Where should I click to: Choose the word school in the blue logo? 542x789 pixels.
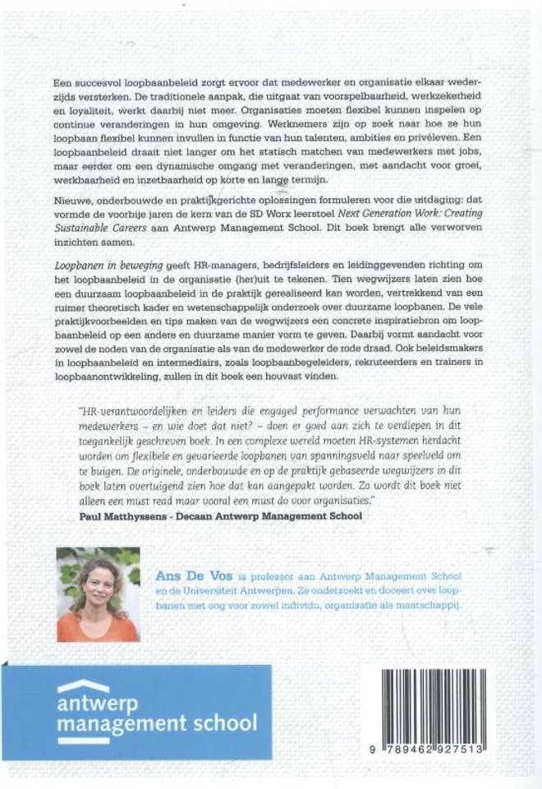point(221,723)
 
